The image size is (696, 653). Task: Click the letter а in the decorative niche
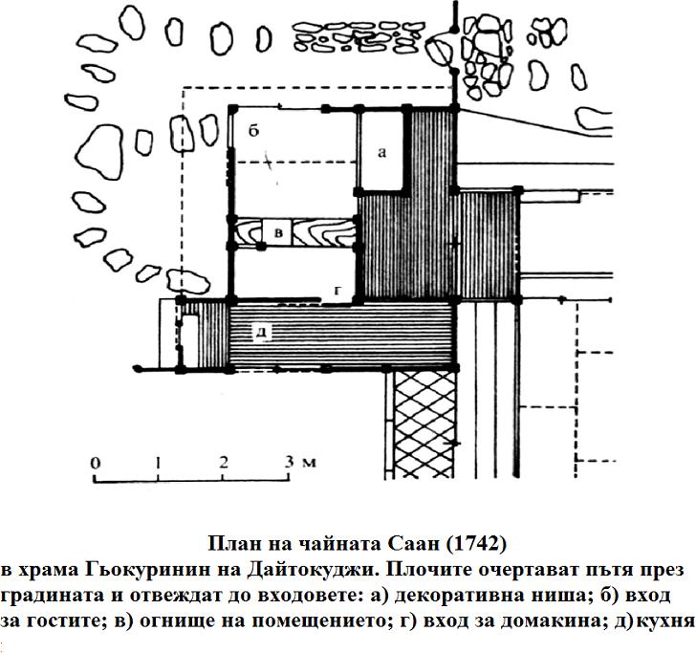click(x=381, y=153)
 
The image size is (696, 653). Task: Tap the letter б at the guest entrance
click(x=253, y=131)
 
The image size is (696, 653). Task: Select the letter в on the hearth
click(x=279, y=232)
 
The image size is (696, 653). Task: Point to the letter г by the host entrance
click(x=337, y=291)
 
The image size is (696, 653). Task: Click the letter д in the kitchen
click(x=262, y=331)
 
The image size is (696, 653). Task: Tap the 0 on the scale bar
click(x=95, y=463)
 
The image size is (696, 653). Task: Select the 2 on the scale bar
click(x=224, y=462)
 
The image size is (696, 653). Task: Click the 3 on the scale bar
click(x=289, y=462)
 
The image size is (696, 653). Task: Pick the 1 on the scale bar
click(x=158, y=463)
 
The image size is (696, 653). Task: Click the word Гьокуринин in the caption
click(x=146, y=571)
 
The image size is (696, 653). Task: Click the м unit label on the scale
click(x=310, y=464)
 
